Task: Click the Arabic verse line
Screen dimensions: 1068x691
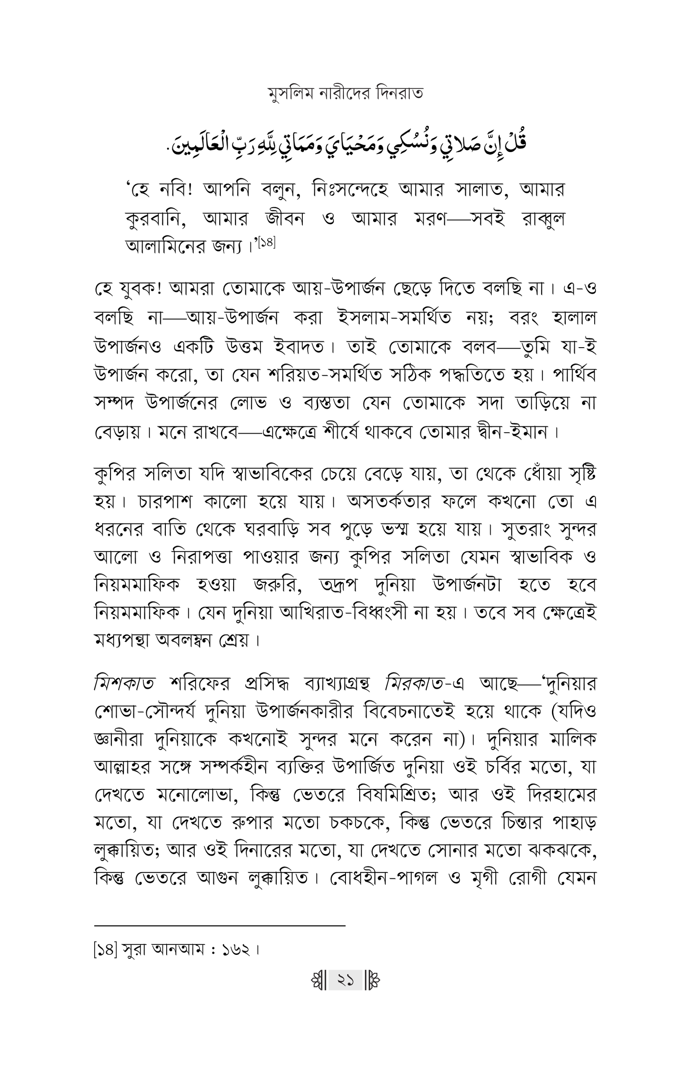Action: pos(345,145)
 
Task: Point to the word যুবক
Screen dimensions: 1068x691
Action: pos(136,290)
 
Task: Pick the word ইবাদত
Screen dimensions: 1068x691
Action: pos(298,347)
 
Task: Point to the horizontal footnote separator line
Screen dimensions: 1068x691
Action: pos(220,925)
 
